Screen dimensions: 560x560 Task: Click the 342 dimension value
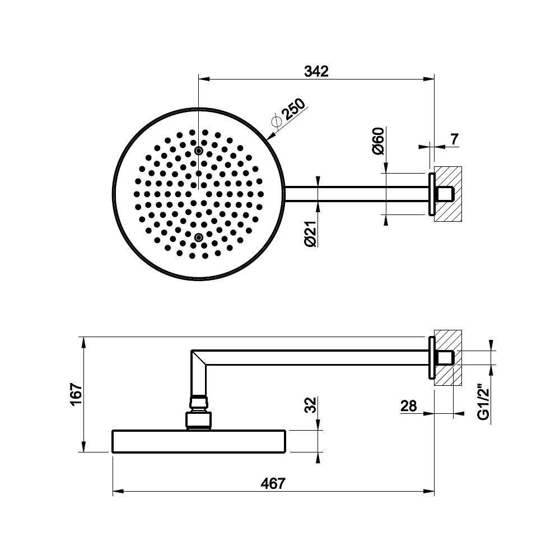tap(316, 72)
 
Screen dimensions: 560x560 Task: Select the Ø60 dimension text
tap(378, 141)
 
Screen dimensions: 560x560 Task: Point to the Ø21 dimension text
tap(311, 234)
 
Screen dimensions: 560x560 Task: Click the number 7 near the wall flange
tap(454, 139)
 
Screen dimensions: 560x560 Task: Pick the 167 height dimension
tap(76, 394)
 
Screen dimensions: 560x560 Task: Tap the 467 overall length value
tap(273, 484)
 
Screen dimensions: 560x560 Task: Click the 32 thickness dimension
tap(311, 405)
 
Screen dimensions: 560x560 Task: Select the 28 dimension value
tap(409, 406)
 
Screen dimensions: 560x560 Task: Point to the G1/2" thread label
tap(484, 402)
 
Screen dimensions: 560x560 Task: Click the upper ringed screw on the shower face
tap(199, 151)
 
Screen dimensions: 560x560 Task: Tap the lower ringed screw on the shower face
tap(199, 237)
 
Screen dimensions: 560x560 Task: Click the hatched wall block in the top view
tap(448, 194)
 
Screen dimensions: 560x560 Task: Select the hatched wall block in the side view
tap(448, 357)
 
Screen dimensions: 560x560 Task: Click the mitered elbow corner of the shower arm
tap(199, 357)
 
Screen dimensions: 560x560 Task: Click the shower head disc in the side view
tap(199, 441)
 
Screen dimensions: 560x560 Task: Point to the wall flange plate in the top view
tap(431, 194)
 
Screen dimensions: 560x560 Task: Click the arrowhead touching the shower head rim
tap(270, 136)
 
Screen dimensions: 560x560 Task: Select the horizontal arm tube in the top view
tap(357, 194)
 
